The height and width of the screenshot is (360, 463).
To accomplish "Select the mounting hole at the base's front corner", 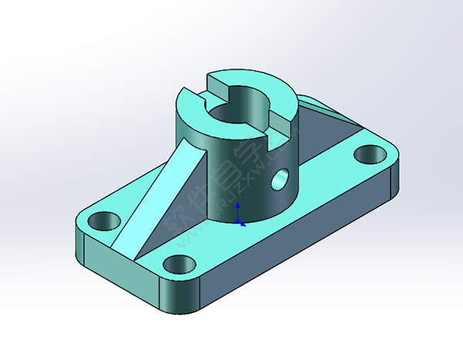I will pyautogui.click(x=179, y=264).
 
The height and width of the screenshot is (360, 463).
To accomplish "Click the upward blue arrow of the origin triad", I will pyautogui.click(x=238, y=208).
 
